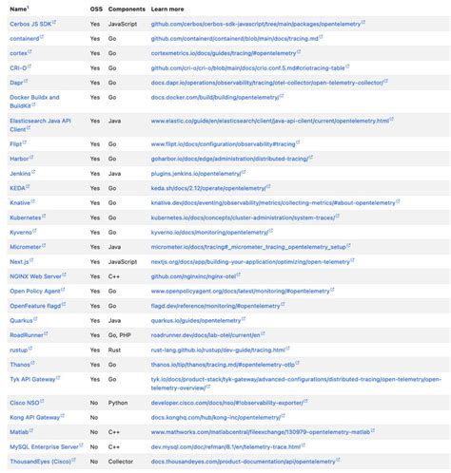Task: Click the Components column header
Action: (127, 9)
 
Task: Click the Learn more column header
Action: (167, 9)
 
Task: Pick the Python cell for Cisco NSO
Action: (117, 403)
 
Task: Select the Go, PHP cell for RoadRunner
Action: (121, 335)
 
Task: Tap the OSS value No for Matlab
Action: (94, 432)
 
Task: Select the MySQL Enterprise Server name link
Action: (44, 445)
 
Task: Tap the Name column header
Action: (18, 9)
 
